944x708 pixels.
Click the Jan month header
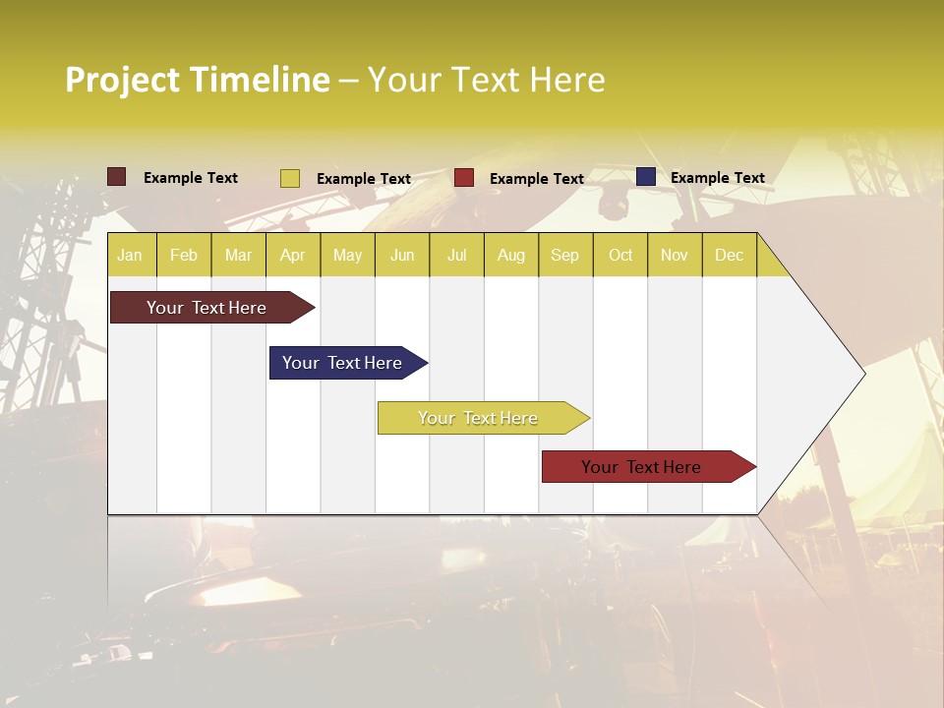(131, 256)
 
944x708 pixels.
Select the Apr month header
(293, 256)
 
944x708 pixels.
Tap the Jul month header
(457, 256)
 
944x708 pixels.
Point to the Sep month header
(564, 256)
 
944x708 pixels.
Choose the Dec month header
(729, 256)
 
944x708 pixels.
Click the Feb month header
(184, 256)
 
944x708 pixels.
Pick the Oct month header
(620, 256)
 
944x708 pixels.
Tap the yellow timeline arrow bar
(479, 418)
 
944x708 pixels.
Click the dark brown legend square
(117, 177)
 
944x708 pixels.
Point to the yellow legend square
(290, 178)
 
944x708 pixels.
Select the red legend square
(464, 178)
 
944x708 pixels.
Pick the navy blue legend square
(646, 177)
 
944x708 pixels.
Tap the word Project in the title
(121, 80)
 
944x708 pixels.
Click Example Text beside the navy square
(718, 178)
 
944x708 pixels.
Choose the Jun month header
(402, 256)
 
